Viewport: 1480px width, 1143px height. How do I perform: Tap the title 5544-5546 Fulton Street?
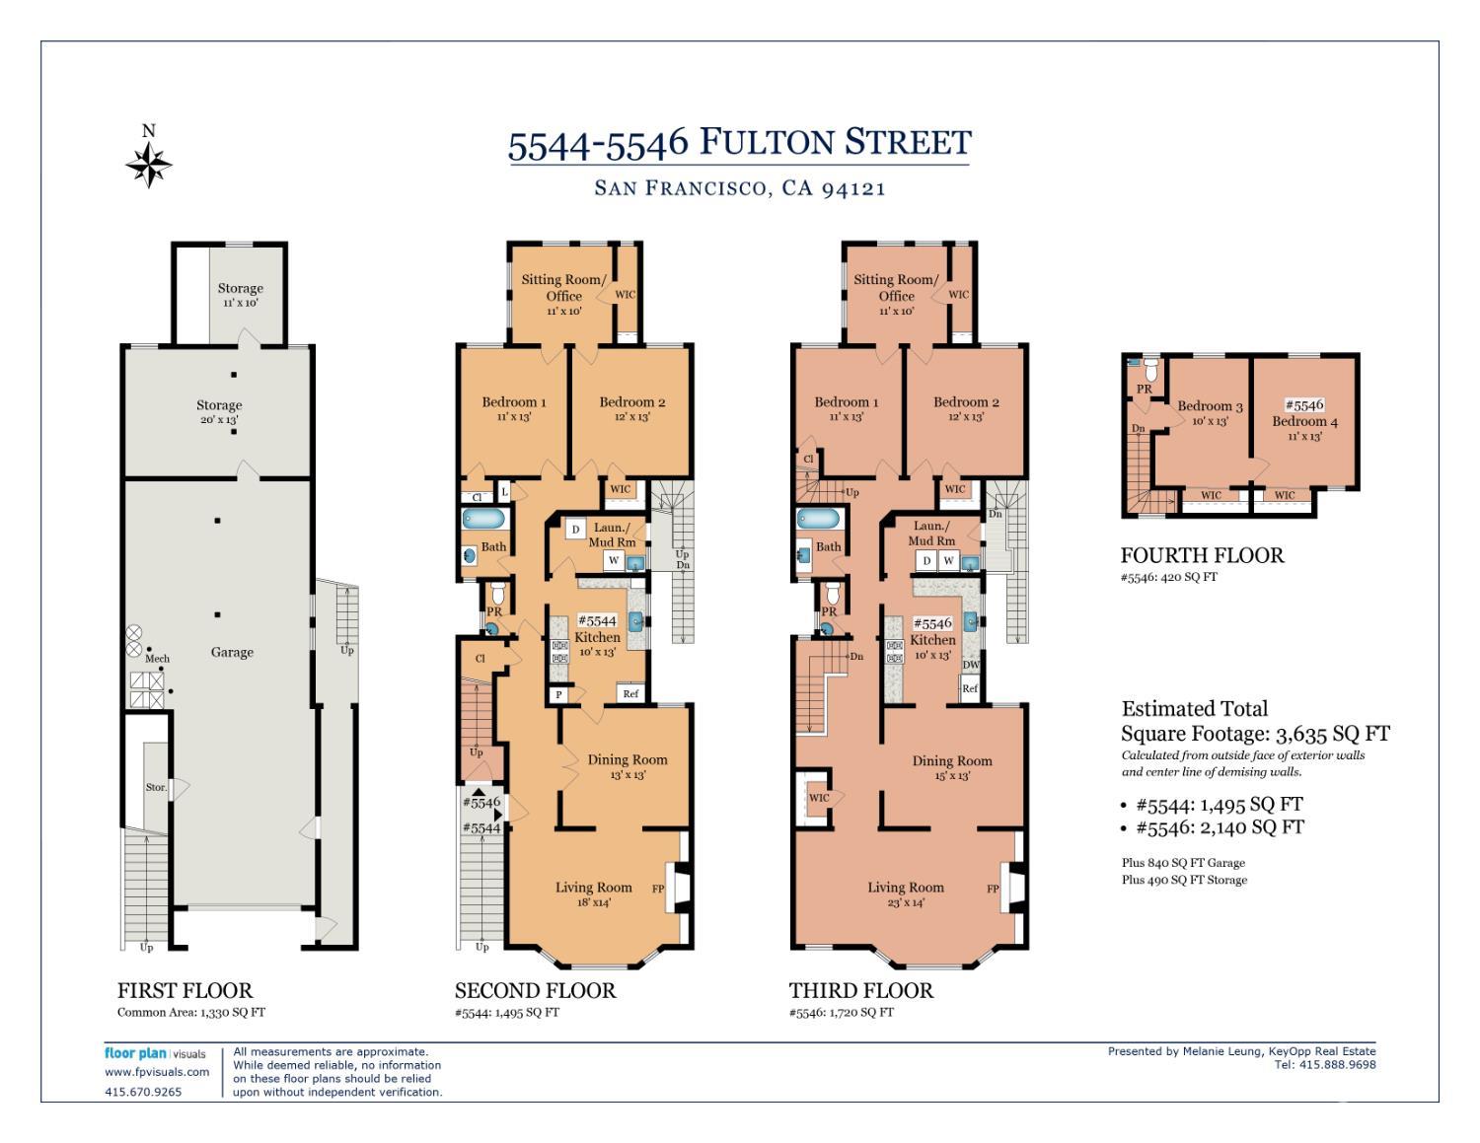(x=739, y=143)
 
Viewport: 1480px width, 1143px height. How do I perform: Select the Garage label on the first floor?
(x=232, y=652)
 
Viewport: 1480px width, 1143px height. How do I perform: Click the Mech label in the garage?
(x=157, y=658)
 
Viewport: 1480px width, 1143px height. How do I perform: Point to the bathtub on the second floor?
(x=483, y=519)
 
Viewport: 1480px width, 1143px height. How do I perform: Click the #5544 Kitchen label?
(x=597, y=629)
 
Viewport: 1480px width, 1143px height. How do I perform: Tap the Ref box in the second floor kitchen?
(x=630, y=693)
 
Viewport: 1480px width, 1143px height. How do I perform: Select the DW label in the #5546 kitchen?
(x=971, y=665)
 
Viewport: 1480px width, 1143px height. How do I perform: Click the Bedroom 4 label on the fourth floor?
(x=1304, y=421)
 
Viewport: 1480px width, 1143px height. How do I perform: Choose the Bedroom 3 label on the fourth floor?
(x=1210, y=406)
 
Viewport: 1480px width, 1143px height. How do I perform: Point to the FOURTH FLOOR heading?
(x=1202, y=555)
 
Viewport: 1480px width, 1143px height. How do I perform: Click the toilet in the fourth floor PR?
(x=1147, y=372)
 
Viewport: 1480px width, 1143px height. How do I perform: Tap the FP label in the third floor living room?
(x=993, y=889)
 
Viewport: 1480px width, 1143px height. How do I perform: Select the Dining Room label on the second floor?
(x=628, y=759)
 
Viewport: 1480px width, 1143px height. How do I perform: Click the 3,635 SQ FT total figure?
(x=1332, y=734)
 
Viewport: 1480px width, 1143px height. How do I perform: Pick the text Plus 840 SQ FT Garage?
(x=1183, y=862)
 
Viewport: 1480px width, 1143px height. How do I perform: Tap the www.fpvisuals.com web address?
(x=157, y=1071)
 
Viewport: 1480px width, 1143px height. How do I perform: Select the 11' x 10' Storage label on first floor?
(x=240, y=295)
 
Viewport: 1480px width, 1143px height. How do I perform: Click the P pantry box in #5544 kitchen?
(x=559, y=694)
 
